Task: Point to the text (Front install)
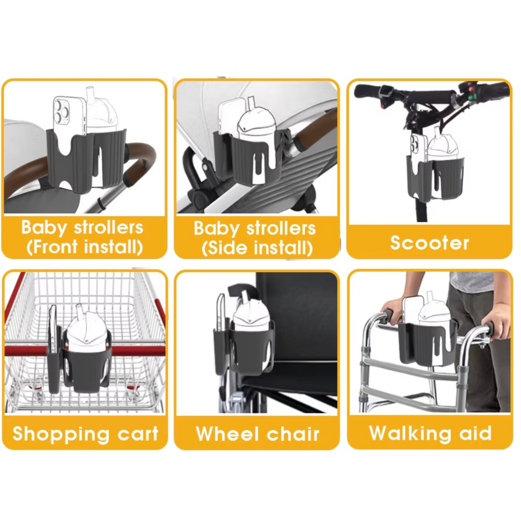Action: pos(85,247)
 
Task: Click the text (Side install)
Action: pos(257,248)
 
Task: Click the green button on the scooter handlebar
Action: pos(472,97)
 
